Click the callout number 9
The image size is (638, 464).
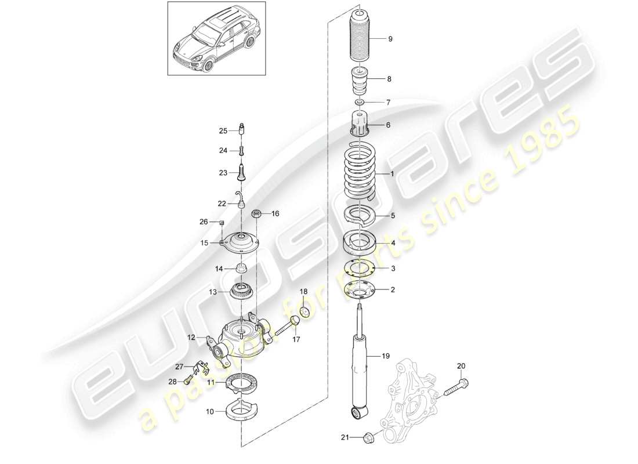point(390,39)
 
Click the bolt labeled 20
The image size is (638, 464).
point(458,389)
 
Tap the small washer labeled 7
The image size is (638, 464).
point(360,103)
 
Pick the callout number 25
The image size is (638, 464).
point(223,131)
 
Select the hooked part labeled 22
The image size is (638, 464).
point(240,200)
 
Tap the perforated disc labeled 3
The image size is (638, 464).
point(360,268)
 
